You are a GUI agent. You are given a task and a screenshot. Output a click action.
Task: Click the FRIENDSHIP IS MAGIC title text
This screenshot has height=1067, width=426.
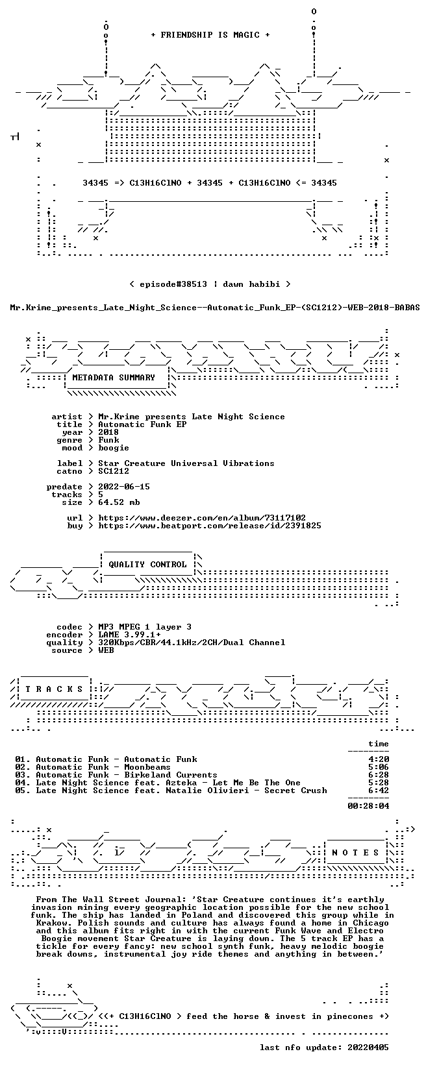point(210,35)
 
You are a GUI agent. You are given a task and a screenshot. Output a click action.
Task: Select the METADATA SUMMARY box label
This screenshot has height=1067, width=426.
point(114,378)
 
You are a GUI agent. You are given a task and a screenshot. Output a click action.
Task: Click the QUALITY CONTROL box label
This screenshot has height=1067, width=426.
point(147,565)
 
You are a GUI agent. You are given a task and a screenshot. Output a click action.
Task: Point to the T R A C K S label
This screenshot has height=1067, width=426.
point(54,689)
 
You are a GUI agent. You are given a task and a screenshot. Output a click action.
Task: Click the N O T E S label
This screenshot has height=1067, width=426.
point(355,853)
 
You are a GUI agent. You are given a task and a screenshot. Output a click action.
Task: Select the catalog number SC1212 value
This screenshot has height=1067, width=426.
point(114,471)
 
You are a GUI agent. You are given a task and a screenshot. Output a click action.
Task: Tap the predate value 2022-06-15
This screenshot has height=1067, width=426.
point(124,487)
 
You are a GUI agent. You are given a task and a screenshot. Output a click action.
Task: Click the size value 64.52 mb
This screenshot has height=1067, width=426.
point(119,502)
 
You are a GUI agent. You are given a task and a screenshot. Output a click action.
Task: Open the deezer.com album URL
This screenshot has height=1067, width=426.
point(202,518)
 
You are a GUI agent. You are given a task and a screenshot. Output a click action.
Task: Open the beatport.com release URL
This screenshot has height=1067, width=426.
point(210,526)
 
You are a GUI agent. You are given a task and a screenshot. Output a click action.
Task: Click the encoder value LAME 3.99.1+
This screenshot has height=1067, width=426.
point(129,635)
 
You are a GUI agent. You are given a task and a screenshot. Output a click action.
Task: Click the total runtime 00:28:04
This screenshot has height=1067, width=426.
point(368,806)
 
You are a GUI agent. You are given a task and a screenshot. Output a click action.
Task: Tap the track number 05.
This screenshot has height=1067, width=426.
point(21,791)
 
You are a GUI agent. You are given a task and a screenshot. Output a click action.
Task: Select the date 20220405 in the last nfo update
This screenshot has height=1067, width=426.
point(368,1048)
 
